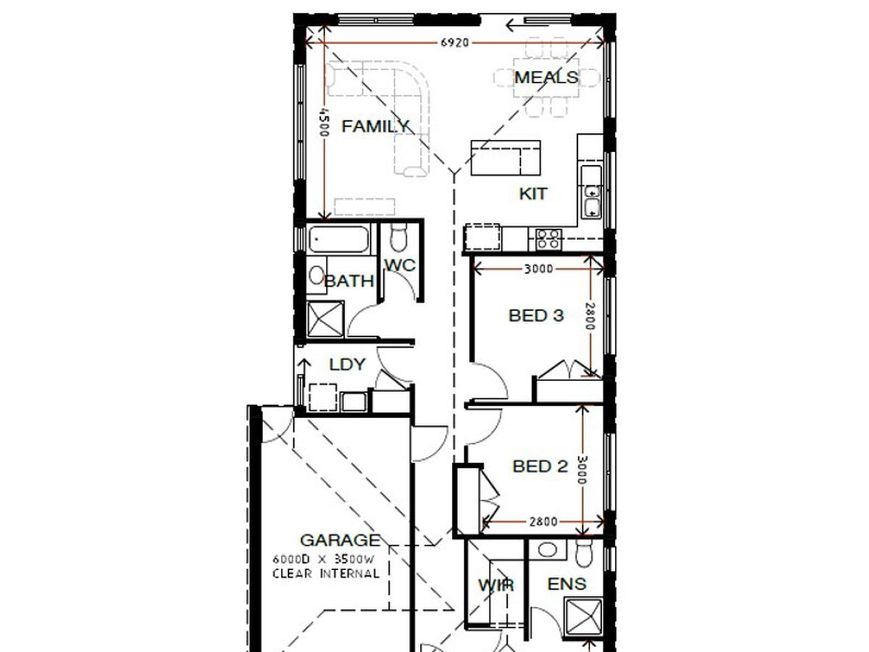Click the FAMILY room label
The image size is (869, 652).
pos(375,127)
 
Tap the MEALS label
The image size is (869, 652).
pos(546,78)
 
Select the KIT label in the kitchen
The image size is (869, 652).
pos(533,193)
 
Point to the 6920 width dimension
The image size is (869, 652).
pos(455,42)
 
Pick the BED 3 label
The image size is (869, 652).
pos(536,316)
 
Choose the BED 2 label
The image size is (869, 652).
pos(540,466)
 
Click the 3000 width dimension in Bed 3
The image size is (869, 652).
pos(539,269)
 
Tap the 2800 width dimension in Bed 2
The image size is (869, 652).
pos(543,522)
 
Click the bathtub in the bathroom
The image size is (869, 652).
pos(338,239)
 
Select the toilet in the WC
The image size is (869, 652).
pos(398,238)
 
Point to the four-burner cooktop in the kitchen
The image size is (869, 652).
pos(548,239)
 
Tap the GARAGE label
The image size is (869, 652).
pos(340,540)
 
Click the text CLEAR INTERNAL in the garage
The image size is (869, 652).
pos(326,573)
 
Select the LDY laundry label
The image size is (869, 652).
pos(347,364)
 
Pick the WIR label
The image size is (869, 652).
pos(496,585)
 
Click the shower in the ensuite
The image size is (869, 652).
pos(584,619)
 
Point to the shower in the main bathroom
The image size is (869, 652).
pos(325,319)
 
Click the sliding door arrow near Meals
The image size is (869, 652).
pos(527,26)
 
